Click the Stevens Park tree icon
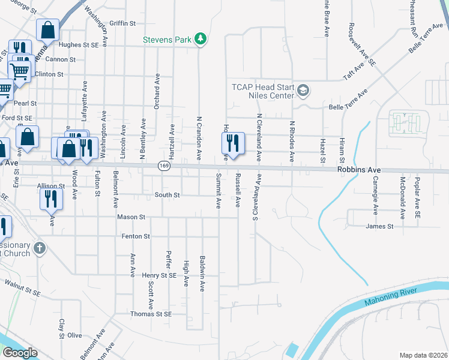click(x=201, y=40)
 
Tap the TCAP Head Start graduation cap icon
click(x=304, y=91)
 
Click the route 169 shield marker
click(x=163, y=165)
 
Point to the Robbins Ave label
click(x=358, y=170)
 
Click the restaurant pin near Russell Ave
click(x=232, y=144)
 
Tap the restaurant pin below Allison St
click(x=51, y=198)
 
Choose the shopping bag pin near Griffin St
click(x=47, y=29)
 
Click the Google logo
click(x=20, y=353)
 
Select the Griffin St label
click(x=123, y=23)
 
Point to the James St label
click(x=379, y=226)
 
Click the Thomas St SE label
click(x=151, y=314)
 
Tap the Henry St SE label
click(x=159, y=275)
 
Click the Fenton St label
click(x=136, y=236)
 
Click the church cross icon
click(x=40, y=248)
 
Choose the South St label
click(x=167, y=195)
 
